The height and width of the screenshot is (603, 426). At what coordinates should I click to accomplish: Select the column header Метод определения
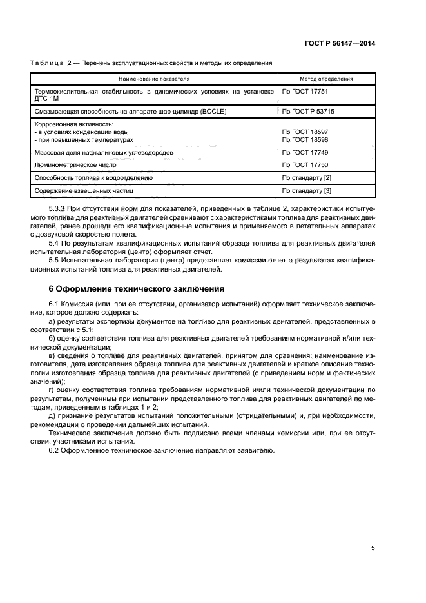click(x=326, y=79)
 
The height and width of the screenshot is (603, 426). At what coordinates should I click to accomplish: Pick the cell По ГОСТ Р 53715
click(x=307, y=111)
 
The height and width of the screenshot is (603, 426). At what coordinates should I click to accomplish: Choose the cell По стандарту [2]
click(x=306, y=177)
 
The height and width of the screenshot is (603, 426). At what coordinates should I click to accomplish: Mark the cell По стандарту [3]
click(x=306, y=191)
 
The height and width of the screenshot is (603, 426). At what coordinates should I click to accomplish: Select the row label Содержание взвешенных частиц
click(x=83, y=191)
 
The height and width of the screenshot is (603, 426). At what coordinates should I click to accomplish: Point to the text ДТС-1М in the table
click(x=47, y=99)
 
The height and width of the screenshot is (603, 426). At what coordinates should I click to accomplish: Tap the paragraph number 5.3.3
click(x=58, y=210)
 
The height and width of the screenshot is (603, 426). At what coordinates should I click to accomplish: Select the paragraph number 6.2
click(x=55, y=450)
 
